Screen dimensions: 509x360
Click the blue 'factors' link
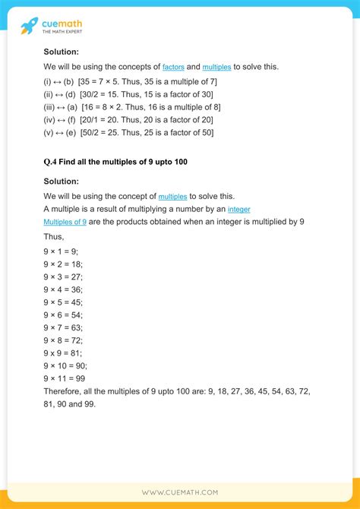pos(173,67)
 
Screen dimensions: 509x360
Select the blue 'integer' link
pos(238,209)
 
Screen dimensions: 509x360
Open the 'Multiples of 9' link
pos(65,222)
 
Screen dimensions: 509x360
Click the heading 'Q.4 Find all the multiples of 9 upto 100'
pos(115,162)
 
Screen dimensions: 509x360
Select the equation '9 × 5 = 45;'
pos(63,302)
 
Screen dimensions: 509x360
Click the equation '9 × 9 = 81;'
pos(63,353)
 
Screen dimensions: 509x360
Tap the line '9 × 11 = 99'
pos(64,379)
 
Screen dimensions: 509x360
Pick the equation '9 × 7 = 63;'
pos(63,327)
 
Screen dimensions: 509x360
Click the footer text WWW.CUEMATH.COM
pos(180,493)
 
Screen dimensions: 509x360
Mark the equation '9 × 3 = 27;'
pos(63,276)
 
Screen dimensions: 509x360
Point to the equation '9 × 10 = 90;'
pos(65,366)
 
